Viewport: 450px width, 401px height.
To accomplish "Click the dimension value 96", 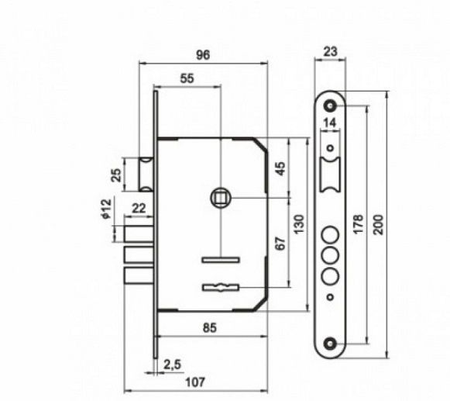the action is pyautogui.click(x=203, y=55).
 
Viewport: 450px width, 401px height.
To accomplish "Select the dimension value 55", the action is pyautogui.click(x=187, y=78).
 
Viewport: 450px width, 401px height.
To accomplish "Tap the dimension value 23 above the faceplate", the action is pyautogui.click(x=330, y=52).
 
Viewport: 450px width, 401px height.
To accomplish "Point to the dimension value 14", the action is pyautogui.click(x=329, y=123).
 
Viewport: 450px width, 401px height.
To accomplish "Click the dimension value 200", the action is pyautogui.click(x=379, y=225).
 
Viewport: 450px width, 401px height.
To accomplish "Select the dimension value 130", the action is pyautogui.click(x=298, y=224).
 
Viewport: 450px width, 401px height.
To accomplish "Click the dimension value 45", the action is pyautogui.click(x=280, y=169).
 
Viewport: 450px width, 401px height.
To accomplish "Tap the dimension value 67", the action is pyautogui.click(x=280, y=244).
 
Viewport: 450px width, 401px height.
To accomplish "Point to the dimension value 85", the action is pyautogui.click(x=210, y=327).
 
